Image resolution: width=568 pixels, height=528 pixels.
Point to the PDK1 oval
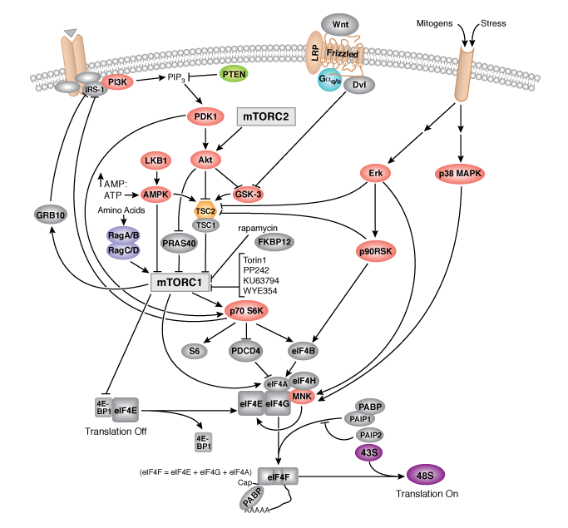pyautogui.click(x=205, y=117)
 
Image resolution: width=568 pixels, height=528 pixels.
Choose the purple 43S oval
pyautogui.click(x=372, y=452)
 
